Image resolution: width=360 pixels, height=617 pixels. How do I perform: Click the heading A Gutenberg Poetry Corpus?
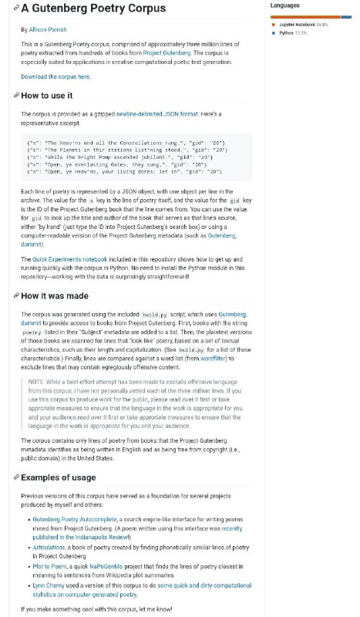coord(93,9)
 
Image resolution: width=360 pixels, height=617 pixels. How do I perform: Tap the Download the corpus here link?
coord(56,77)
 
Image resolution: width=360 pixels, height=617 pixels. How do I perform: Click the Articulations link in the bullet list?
coord(49,547)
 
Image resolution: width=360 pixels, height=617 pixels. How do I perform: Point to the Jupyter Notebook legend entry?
coord(298,25)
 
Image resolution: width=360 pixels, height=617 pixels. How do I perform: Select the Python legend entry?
coord(287,33)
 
